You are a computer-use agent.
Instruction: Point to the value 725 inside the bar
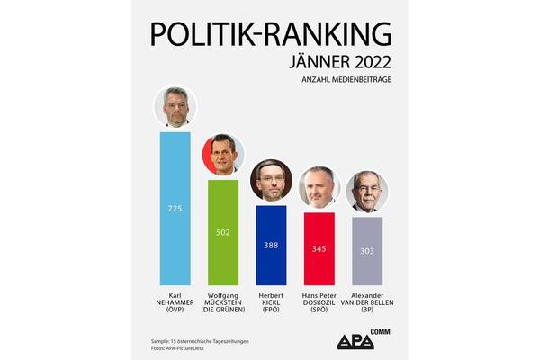[x=175, y=209]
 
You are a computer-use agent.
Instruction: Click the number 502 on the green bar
[x=223, y=232]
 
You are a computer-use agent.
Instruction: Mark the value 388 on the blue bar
[x=272, y=245]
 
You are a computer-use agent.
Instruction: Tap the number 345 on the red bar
[x=319, y=247]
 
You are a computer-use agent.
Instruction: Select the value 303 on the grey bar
[x=367, y=250]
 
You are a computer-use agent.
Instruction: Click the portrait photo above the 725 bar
[x=175, y=108]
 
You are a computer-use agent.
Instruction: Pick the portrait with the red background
[x=222, y=156]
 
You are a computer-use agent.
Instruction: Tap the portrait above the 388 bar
[x=271, y=181]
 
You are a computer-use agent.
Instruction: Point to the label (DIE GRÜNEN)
[x=223, y=311]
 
